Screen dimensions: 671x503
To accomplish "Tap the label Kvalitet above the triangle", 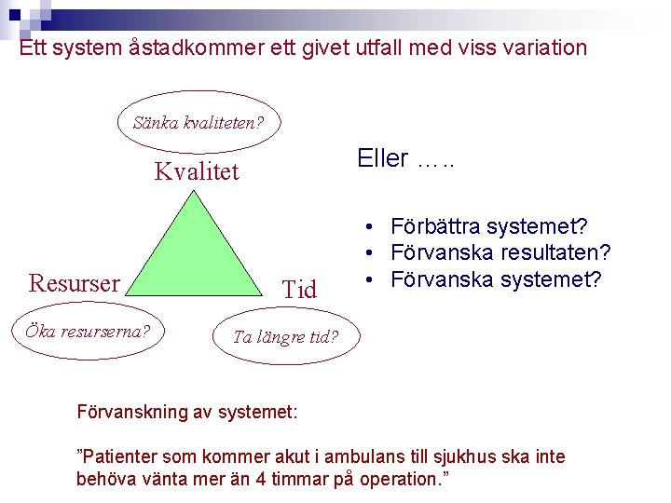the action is click(197, 171).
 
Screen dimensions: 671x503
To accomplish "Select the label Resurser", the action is click(75, 282).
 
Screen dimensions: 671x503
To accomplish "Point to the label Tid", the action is click(299, 291).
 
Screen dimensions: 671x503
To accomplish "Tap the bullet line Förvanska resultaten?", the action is click(500, 252).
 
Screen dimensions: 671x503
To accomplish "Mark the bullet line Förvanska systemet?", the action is click(496, 279).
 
